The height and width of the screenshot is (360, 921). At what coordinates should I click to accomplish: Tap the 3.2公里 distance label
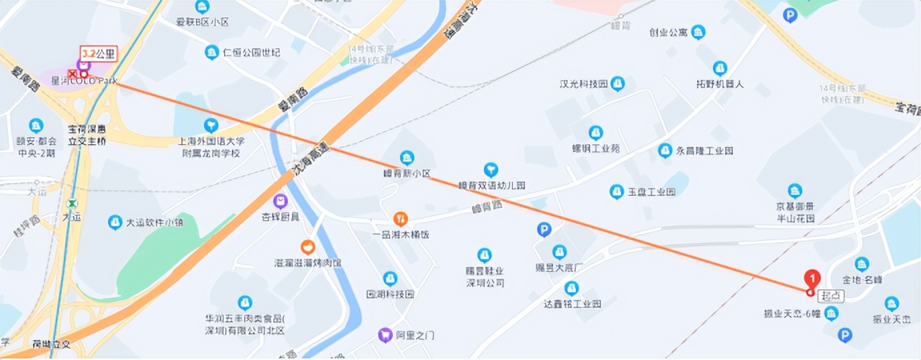(x=99, y=53)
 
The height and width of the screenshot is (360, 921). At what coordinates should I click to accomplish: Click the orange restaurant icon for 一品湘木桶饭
(x=400, y=218)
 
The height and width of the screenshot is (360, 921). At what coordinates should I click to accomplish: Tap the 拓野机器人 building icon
(x=720, y=68)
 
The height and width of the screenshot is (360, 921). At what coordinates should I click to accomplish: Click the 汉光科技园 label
(x=583, y=84)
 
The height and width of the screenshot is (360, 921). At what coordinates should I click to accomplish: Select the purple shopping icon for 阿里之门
(x=385, y=335)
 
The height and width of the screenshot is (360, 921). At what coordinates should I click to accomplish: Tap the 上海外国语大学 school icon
(x=211, y=125)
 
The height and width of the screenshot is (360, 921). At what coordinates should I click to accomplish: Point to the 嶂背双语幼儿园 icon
(x=491, y=169)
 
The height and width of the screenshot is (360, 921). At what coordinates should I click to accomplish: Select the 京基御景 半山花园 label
(x=795, y=212)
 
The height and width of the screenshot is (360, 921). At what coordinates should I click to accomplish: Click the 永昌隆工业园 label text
(x=704, y=151)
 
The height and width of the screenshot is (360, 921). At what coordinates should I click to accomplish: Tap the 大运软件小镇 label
(x=155, y=223)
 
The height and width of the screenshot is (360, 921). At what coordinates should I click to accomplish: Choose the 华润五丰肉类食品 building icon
(x=245, y=303)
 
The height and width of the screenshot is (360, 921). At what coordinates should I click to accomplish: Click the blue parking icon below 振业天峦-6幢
(x=844, y=335)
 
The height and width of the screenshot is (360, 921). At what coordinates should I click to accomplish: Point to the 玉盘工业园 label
(x=651, y=192)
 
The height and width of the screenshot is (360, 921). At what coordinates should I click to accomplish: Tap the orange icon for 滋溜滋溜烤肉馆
(x=307, y=247)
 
